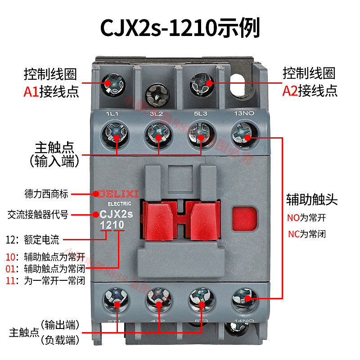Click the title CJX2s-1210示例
point(180,28)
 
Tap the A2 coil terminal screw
point(199,83)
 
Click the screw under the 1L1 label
point(116,133)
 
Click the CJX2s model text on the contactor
point(114,215)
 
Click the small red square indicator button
point(245,218)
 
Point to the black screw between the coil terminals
point(156,94)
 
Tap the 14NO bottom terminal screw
point(242,299)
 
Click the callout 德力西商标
point(46,194)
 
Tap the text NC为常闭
point(306,234)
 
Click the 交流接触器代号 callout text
point(38,215)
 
